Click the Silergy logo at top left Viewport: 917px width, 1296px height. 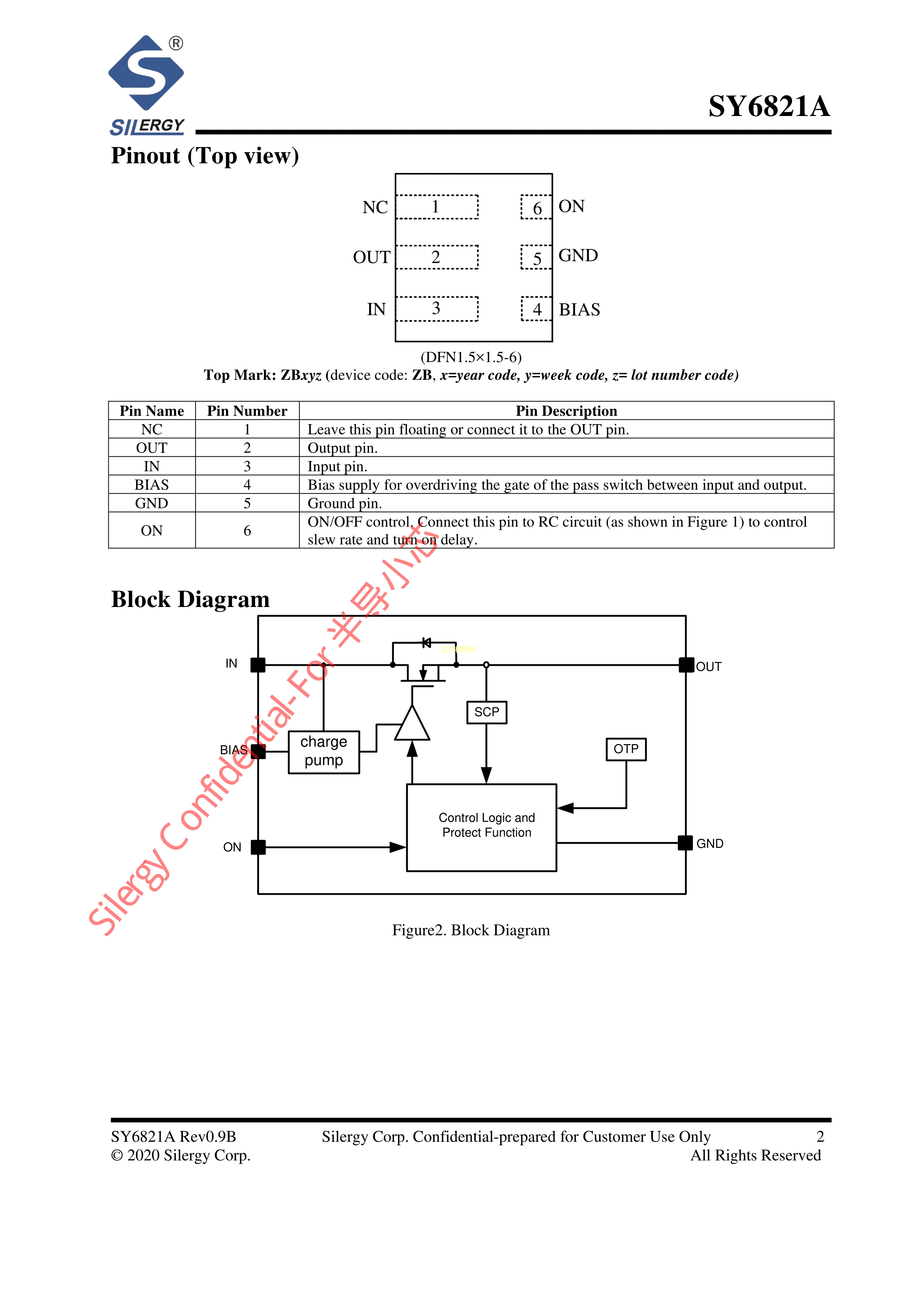tap(147, 85)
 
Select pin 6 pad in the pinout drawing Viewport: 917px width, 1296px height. tap(536, 208)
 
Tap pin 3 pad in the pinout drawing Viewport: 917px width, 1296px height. tap(437, 309)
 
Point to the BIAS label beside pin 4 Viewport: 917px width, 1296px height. tap(579, 310)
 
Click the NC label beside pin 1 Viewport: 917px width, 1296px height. tap(375, 207)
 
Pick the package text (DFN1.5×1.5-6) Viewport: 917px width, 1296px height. tap(471, 357)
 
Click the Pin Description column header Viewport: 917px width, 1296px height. tap(566, 410)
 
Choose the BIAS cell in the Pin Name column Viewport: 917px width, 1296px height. tap(151, 485)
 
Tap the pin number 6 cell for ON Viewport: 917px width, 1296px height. tap(247, 531)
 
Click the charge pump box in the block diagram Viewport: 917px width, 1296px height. tap(323, 751)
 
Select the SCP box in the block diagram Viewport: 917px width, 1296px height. tap(487, 712)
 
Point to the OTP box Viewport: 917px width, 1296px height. tap(626, 749)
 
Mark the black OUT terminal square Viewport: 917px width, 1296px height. tap(686, 665)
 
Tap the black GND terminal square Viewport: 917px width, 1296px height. tap(685, 843)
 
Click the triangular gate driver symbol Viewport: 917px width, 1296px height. tap(412, 725)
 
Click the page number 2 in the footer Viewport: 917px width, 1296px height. tap(820, 1136)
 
